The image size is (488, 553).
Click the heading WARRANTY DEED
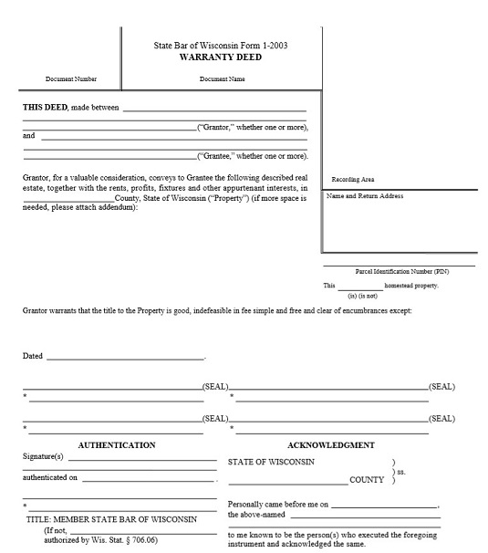222,57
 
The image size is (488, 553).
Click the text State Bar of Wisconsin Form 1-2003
222,45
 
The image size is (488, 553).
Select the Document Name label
223,79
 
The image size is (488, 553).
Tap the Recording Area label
352,180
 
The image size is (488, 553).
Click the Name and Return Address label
365,196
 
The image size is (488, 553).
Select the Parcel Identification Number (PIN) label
402,272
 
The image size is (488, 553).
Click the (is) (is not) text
364,296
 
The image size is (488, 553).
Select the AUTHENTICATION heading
117,445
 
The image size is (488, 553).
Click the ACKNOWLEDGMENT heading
331,445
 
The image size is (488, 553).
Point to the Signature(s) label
43,457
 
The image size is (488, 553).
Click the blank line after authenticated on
148,479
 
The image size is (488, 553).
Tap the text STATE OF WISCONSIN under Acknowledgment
272,462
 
